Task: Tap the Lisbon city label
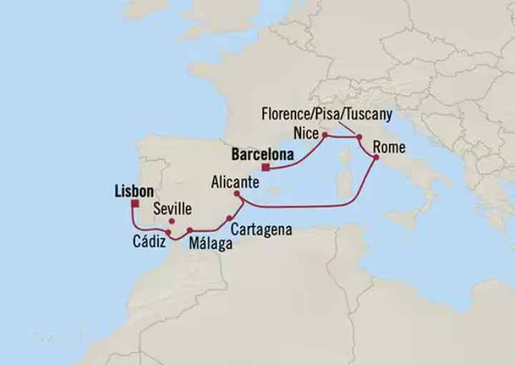[134, 191]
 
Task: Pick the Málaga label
[210, 244]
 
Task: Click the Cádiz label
[151, 243]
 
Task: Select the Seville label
[173, 209]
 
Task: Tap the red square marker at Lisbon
[134, 203]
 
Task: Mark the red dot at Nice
[324, 135]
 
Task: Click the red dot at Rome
[376, 157]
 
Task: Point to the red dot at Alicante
[237, 193]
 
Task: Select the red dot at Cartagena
[228, 218]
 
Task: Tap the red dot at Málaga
[190, 230]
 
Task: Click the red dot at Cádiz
[167, 233]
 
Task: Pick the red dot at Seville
[172, 221]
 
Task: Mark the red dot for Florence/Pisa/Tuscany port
[359, 137]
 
